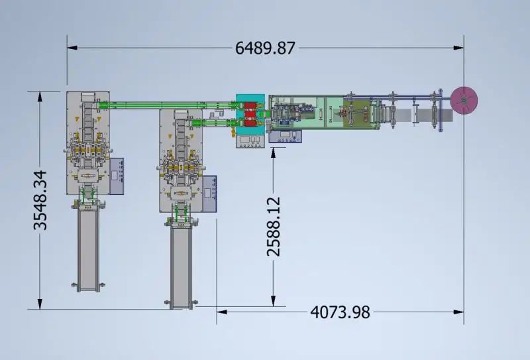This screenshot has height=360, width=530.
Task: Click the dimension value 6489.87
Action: pos(265,48)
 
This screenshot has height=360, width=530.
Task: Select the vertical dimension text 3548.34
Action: pos(40,200)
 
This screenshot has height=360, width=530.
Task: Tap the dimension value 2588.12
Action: pos(274,227)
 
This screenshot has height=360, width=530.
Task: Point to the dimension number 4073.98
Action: pos(340,312)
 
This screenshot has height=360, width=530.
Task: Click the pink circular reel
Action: pos(464,100)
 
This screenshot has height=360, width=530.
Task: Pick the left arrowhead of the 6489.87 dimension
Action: pos(72,48)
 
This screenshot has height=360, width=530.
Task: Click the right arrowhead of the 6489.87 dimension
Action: pos(458,48)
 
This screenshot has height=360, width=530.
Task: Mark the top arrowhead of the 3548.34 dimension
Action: pos(40,96)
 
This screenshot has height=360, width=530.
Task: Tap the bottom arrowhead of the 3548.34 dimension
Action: pos(40,304)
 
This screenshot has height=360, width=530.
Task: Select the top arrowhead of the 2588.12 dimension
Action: pos(273,152)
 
